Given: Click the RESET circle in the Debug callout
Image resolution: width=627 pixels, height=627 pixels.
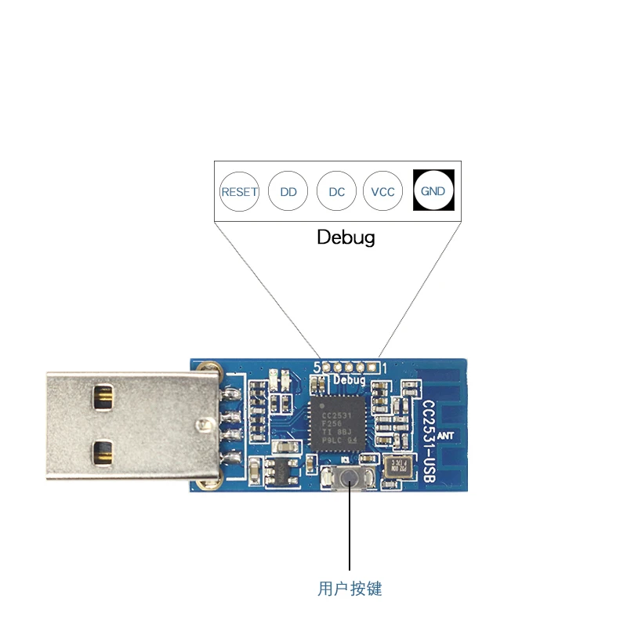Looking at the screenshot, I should click(x=239, y=191).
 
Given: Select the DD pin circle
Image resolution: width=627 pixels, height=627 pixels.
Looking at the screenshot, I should click(x=288, y=191).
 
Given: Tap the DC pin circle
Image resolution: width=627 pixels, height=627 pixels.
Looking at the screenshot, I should click(x=337, y=191).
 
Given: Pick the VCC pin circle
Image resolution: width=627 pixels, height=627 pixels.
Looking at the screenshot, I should click(x=383, y=191).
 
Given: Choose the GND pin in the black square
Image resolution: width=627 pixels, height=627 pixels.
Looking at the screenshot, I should click(x=433, y=190).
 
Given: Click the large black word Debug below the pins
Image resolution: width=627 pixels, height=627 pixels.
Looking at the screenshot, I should click(x=346, y=237).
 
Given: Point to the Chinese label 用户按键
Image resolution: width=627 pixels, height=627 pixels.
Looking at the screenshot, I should click(x=350, y=589).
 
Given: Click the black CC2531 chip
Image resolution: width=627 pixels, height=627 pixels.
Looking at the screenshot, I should click(x=335, y=423).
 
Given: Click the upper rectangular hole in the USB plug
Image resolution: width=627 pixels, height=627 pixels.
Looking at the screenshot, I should click(x=103, y=397).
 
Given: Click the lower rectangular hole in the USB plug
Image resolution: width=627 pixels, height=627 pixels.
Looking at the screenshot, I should click(x=103, y=451).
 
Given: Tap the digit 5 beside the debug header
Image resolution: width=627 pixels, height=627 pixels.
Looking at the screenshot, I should click(x=317, y=366).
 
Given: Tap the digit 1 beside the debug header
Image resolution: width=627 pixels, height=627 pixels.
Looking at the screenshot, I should click(x=384, y=366).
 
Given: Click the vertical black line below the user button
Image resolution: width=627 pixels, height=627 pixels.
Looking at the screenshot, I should click(x=350, y=533).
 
